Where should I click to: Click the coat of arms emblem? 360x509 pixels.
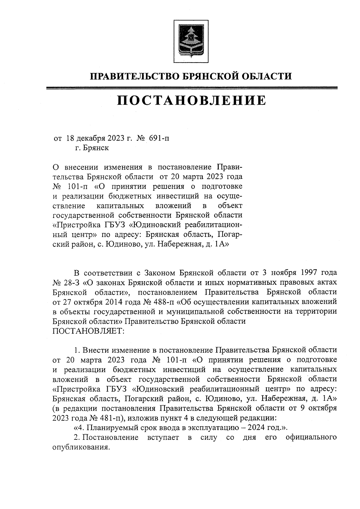pos(191,41)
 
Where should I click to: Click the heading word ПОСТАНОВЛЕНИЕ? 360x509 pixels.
pos(191,100)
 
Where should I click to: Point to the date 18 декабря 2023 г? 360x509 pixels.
pos(99,138)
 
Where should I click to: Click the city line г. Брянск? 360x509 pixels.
pos(92,148)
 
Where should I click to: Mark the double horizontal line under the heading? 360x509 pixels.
pos(192,88)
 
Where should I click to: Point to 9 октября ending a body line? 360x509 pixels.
pos(320,408)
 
